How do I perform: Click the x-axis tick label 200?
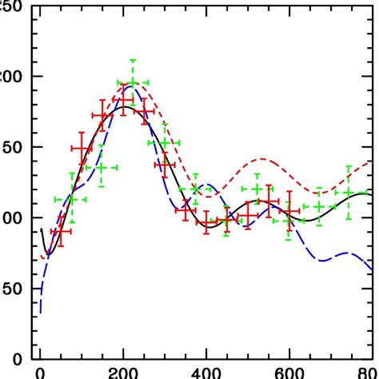(x=123, y=373)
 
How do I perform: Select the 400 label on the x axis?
(x=206, y=373)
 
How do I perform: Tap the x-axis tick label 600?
(x=289, y=373)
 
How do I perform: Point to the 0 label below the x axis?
(x=40, y=373)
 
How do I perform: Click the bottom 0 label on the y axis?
(x=18, y=358)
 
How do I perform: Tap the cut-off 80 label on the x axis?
(x=369, y=373)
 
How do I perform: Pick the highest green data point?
(x=132, y=82)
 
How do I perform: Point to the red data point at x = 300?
(x=165, y=164)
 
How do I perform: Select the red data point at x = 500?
(x=247, y=215)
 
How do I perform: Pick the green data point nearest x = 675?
(x=319, y=206)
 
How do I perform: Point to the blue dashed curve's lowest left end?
(x=40, y=313)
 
